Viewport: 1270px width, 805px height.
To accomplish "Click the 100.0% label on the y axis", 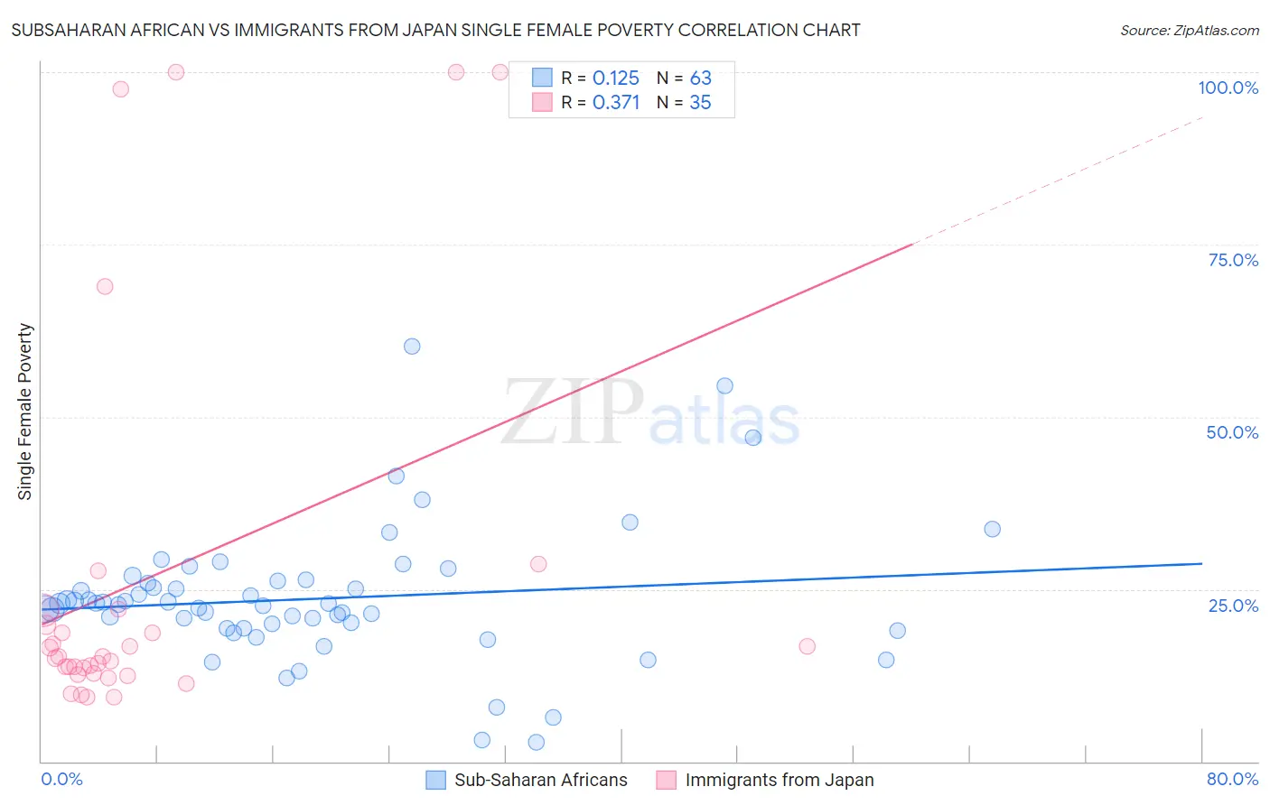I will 1228,88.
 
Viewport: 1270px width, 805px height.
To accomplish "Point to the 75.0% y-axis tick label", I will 1233,260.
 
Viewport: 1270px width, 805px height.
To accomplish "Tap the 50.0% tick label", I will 1232,432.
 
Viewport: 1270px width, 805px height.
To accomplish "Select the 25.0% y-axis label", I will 1233,606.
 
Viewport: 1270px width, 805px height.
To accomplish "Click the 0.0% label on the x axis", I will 61,779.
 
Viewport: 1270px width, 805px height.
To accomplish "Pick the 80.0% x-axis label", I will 1232,779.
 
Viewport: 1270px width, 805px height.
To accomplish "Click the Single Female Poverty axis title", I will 25,412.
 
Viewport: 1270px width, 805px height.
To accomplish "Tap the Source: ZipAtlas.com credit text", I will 1189,30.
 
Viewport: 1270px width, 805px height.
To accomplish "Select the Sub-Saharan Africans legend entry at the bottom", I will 540,780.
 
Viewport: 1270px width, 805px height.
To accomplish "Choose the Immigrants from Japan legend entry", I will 779,780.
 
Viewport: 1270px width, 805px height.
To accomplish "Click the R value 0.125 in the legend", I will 616,79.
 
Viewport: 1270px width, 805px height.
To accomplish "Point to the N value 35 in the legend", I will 700,103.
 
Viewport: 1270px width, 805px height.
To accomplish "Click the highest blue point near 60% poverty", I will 412,347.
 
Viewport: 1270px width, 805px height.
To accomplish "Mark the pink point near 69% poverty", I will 105,286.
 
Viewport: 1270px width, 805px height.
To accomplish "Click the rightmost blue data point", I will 992,529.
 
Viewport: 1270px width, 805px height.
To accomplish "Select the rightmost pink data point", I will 808,646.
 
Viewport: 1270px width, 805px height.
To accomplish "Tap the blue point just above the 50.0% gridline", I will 724,385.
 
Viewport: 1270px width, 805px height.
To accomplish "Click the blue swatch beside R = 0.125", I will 542,78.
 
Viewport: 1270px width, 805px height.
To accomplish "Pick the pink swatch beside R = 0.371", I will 542,102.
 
